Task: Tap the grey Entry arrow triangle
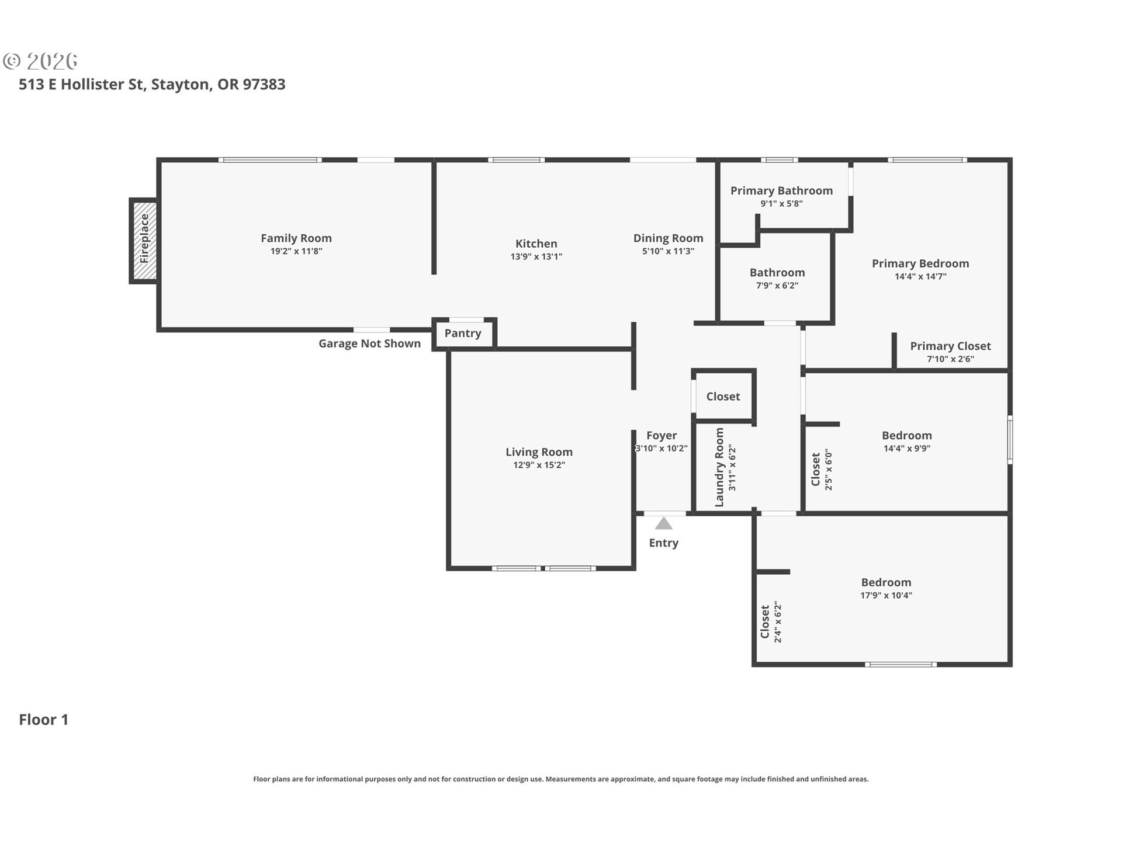coord(663,523)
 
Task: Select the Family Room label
coord(296,238)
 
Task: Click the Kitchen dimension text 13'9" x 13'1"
coord(536,256)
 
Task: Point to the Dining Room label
coord(669,238)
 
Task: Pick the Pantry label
coord(463,333)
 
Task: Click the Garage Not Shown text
coord(369,343)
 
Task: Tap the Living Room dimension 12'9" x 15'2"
coord(539,465)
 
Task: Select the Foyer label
coord(662,436)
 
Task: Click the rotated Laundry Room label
coord(719,467)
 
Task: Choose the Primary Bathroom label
coord(781,191)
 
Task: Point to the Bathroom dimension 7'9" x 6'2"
coord(777,286)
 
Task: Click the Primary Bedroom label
coord(920,264)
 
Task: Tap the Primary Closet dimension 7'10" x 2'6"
coord(950,359)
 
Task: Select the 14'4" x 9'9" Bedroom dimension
coord(907,449)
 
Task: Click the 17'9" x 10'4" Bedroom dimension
coord(886,596)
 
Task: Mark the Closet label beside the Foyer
coord(723,397)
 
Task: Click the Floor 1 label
coord(44,720)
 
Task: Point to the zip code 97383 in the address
coord(264,85)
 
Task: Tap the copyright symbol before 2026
coord(12,61)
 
